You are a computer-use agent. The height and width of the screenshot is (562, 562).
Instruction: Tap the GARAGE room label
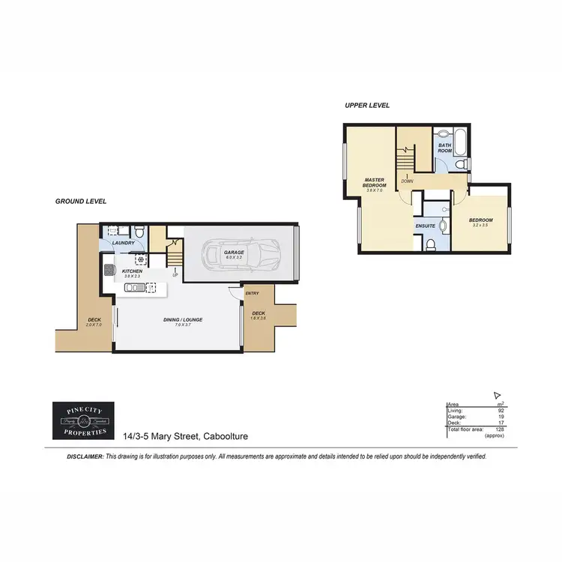tap(234, 253)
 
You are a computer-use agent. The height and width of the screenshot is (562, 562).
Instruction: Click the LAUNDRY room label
tap(123, 243)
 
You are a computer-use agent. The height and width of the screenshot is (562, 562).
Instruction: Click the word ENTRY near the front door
tap(252, 293)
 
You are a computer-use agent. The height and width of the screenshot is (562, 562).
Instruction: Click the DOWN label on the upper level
tap(407, 181)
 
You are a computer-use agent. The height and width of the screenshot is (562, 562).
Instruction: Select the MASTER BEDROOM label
tap(375, 183)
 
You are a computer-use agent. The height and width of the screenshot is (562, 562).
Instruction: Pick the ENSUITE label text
tap(425, 225)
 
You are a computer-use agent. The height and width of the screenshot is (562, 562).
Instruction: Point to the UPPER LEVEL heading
tap(367, 106)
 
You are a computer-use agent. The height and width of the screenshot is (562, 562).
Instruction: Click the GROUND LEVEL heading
tap(81, 202)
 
